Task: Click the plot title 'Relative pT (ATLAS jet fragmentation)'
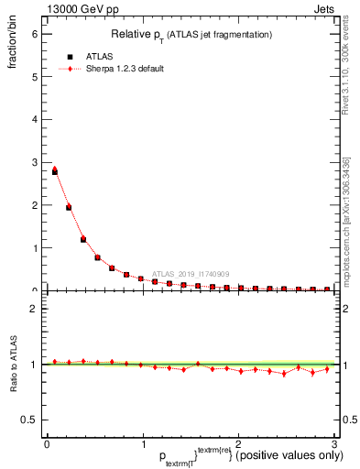(191, 35)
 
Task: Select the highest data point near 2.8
(55, 171)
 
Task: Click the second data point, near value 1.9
(69, 207)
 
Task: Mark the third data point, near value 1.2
(83, 239)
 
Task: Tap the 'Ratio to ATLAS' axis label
(12, 365)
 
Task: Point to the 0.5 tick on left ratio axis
(30, 420)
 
